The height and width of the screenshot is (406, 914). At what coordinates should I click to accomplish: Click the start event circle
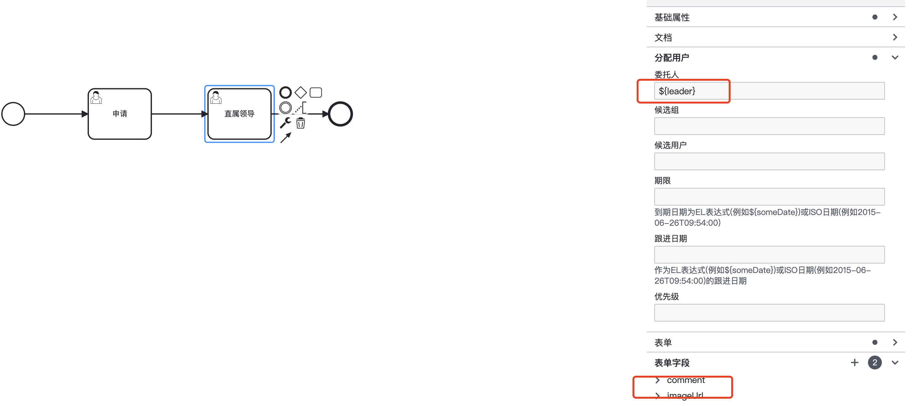[x=13, y=114]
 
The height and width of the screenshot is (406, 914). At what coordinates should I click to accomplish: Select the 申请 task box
[x=119, y=121]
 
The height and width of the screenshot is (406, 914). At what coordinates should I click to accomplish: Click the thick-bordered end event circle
[x=340, y=114]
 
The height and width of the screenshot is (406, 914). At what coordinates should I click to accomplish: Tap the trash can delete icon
[x=301, y=123]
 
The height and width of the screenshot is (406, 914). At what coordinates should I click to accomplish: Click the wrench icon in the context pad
[x=285, y=123]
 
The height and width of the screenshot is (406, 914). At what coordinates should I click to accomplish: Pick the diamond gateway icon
[x=301, y=92]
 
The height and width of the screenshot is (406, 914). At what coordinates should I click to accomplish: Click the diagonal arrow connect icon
[x=286, y=138]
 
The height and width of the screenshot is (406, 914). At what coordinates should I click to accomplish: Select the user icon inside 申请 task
[x=96, y=97]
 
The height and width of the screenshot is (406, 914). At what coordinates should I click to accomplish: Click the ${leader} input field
[x=769, y=91]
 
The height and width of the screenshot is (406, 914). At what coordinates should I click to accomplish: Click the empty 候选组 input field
[x=769, y=126]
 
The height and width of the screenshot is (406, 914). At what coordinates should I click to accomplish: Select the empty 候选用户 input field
[x=769, y=161]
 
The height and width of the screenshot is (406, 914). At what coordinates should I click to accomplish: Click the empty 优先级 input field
[x=769, y=312]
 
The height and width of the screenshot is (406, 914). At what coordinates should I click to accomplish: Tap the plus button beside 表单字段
[x=854, y=362]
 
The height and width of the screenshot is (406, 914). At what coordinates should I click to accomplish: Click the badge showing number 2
[x=875, y=362]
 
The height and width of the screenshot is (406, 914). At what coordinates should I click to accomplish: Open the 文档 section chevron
[x=895, y=37]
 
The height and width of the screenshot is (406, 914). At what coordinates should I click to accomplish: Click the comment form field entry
[x=685, y=380]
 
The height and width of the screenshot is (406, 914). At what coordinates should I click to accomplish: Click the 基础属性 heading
[x=672, y=17]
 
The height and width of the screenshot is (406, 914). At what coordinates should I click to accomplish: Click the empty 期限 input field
[x=769, y=197]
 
